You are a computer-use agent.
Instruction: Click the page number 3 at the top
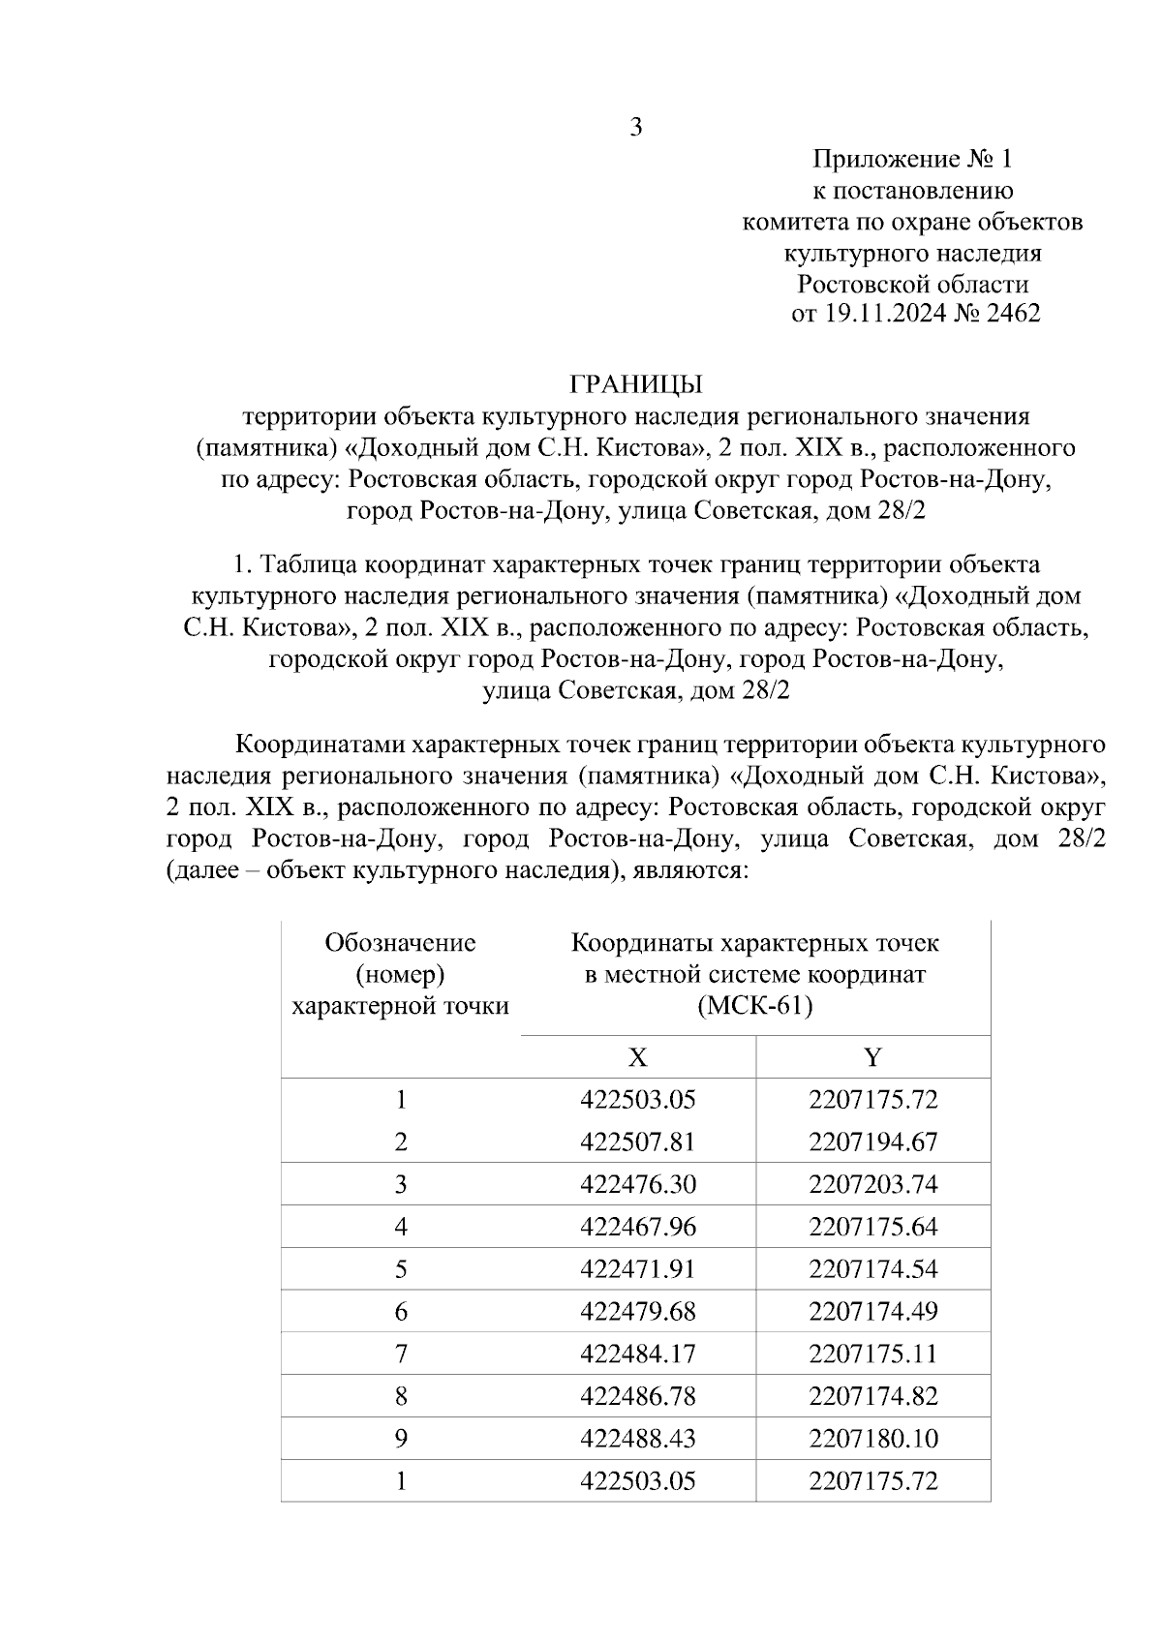click(x=636, y=127)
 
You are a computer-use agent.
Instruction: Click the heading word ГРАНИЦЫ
click(x=636, y=384)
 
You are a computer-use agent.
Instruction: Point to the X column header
click(x=637, y=1057)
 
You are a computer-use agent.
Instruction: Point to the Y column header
click(x=873, y=1057)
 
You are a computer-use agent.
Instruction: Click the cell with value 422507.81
click(x=638, y=1142)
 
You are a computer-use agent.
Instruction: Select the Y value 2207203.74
click(x=873, y=1185)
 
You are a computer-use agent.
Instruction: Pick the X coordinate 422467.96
click(x=638, y=1228)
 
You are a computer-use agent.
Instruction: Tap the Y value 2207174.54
click(x=873, y=1269)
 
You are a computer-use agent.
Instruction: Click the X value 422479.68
click(x=638, y=1312)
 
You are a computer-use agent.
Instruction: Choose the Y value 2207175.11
click(x=873, y=1355)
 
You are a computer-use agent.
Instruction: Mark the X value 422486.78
click(x=638, y=1397)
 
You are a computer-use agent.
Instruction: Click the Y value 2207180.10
click(x=873, y=1439)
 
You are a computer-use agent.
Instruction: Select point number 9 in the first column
click(x=401, y=1439)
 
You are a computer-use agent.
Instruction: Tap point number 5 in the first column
click(x=401, y=1269)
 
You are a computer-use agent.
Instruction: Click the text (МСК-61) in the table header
click(x=755, y=1006)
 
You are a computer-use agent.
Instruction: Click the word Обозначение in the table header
click(x=401, y=942)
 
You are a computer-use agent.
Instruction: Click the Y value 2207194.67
click(x=873, y=1142)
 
